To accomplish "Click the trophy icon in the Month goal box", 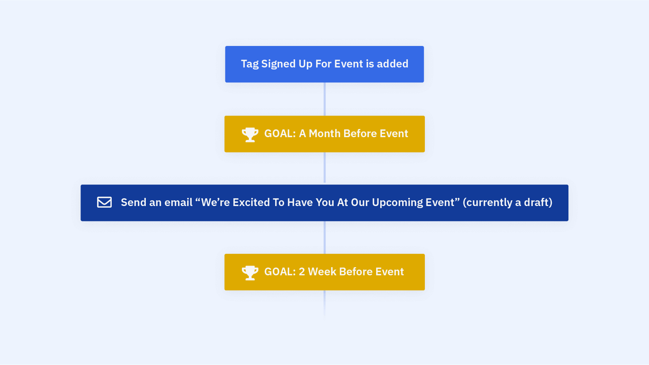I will coord(250,134).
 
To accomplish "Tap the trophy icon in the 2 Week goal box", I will coord(250,272).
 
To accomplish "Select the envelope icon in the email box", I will coord(104,202).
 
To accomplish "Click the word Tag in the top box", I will coord(249,64).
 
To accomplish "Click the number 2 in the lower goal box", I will coord(302,272).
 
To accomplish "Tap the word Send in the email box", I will coord(134,202).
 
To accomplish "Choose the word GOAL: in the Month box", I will coord(280,134).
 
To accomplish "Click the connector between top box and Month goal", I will coord(324,99).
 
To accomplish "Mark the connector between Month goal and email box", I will coord(324,168).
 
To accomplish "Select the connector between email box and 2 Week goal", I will coord(324,237).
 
